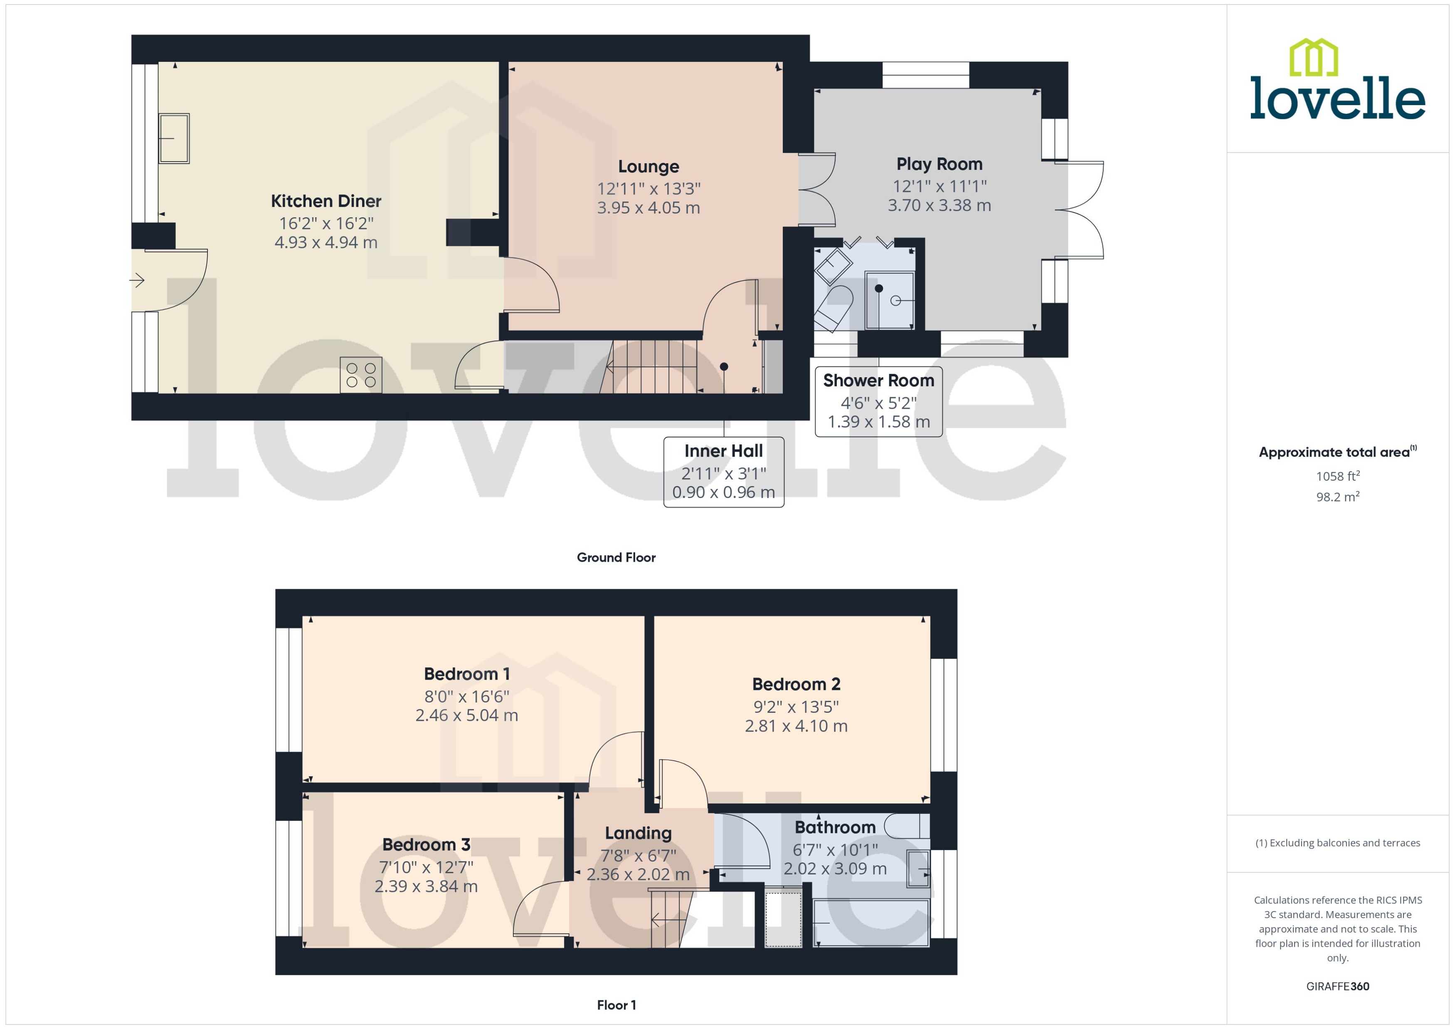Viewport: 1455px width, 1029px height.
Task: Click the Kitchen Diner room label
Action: click(326, 201)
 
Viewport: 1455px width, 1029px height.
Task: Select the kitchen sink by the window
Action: click(174, 138)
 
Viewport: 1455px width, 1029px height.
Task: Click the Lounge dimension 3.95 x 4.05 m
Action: click(648, 208)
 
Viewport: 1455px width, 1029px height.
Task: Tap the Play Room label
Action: click(939, 164)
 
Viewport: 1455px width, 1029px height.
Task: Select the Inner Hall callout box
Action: click(723, 472)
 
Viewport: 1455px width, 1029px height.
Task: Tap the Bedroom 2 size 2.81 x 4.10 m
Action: click(796, 726)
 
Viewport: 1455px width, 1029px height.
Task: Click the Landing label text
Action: click(638, 833)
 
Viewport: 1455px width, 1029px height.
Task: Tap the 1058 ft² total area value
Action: click(1337, 476)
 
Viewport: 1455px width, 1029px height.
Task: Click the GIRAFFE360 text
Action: click(1337, 987)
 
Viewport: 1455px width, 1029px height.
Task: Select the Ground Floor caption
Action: click(616, 557)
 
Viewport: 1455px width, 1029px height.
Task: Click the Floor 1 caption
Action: click(616, 1005)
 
